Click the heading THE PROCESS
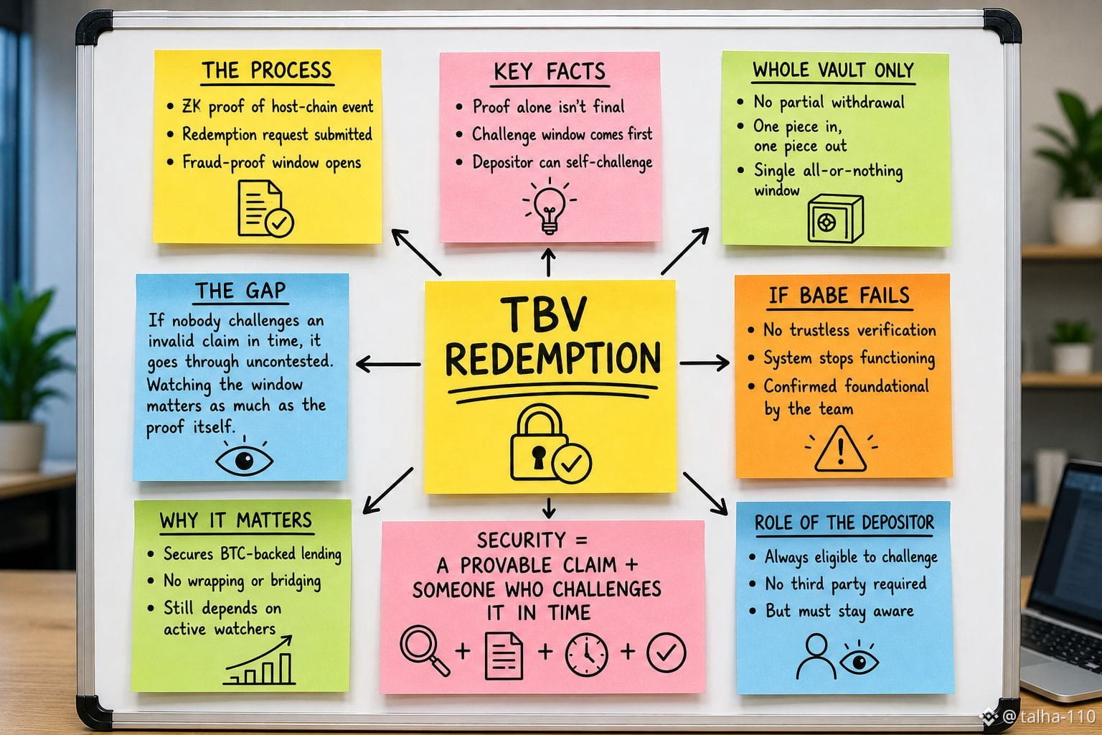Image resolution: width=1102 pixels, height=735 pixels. [x=267, y=70]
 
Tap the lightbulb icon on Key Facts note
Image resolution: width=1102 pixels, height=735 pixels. [x=549, y=206]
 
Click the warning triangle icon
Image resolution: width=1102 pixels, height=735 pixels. [x=840, y=449]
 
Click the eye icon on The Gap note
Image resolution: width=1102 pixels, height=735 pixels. [x=244, y=459]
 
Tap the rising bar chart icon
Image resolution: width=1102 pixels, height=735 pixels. [x=259, y=660]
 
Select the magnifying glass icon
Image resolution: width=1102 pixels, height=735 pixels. [x=424, y=650]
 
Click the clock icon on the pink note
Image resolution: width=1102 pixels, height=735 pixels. [x=586, y=655]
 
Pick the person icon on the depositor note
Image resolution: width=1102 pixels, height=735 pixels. [x=815, y=657]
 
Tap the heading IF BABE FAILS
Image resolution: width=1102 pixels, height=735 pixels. [x=839, y=296]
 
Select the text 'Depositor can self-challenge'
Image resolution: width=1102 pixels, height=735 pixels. [x=562, y=162]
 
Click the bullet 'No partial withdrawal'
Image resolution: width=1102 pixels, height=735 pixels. [x=829, y=102]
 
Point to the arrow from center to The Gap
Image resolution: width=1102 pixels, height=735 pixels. [x=388, y=365]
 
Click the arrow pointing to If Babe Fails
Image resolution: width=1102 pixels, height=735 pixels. [x=705, y=362]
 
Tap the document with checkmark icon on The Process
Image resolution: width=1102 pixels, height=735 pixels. [x=265, y=209]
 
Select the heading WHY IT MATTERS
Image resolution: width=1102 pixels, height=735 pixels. [x=235, y=520]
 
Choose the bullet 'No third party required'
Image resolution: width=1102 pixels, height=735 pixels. [x=846, y=584]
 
